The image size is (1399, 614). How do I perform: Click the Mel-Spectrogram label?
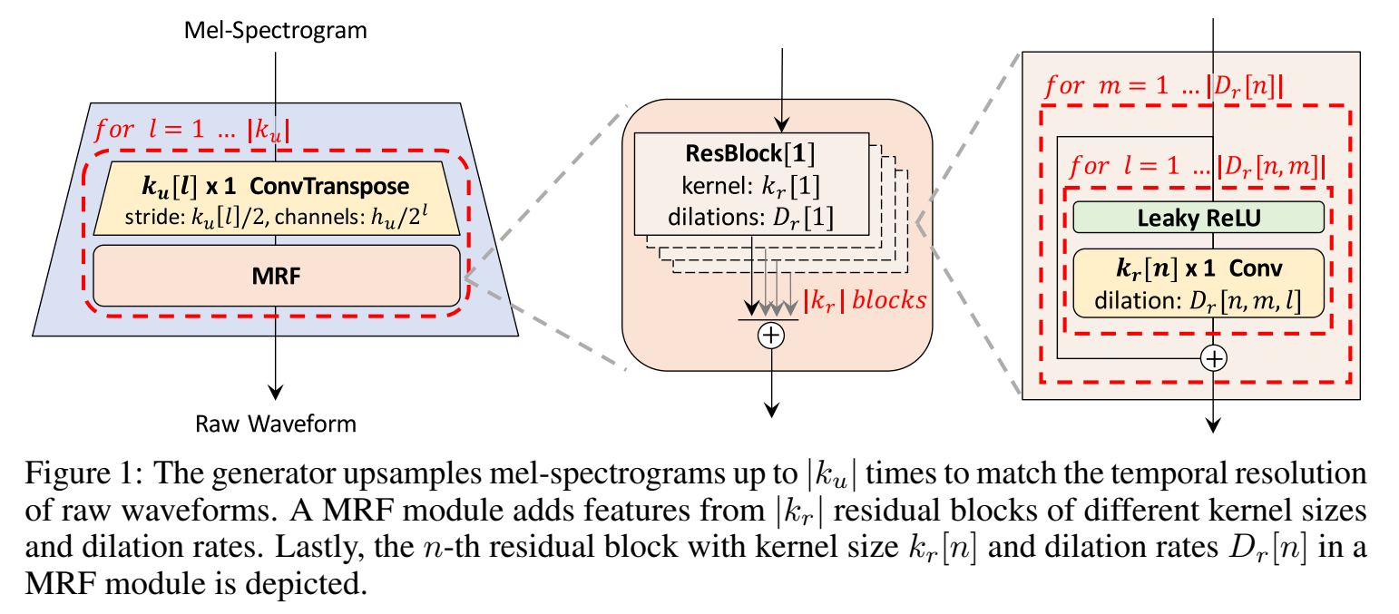[275, 31]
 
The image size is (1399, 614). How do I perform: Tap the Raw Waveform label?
[276, 424]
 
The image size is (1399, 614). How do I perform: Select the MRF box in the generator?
[277, 276]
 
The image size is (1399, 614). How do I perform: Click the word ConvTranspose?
[329, 186]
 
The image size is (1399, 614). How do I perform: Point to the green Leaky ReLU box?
[1198, 218]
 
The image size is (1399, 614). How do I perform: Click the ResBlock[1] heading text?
[750, 153]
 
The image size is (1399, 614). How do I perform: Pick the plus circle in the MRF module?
[771, 336]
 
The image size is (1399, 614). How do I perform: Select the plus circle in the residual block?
[1214, 358]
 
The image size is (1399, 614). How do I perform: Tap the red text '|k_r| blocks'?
[865, 300]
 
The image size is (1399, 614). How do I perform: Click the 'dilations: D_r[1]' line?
[750, 218]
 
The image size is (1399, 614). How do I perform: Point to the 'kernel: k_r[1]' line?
[750, 186]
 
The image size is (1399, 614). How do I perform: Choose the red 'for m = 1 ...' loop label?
[1164, 86]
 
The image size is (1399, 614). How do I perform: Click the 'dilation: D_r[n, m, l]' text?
[1198, 301]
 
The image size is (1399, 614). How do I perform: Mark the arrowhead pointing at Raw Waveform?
[276, 392]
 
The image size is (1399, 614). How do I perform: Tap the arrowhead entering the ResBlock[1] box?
[782, 124]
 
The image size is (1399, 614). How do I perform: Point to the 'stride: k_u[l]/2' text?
[197, 218]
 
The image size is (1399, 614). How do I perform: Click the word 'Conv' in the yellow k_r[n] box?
[1256, 268]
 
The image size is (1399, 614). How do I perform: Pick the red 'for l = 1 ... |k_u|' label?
[192, 130]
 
